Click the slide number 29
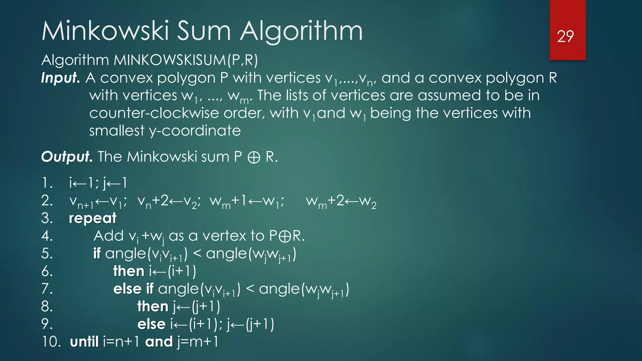click(x=565, y=36)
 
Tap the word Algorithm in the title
click(x=301, y=31)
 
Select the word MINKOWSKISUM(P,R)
click(x=186, y=60)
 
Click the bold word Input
click(x=61, y=78)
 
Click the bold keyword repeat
click(x=92, y=218)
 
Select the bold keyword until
click(x=84, y=342)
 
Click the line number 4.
click(x=47, y=236)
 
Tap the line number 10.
click(x=51, y=342)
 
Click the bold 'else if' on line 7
click(x=133, y=289)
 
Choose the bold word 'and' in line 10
click(x=159, y=342)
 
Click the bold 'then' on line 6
click(x=129, y=271)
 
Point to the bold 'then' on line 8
click(x=153, y=306)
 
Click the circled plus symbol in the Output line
click(x=254, y=157)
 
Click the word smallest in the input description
click(x=117, y=130)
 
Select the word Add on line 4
click(x=108, y=236)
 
